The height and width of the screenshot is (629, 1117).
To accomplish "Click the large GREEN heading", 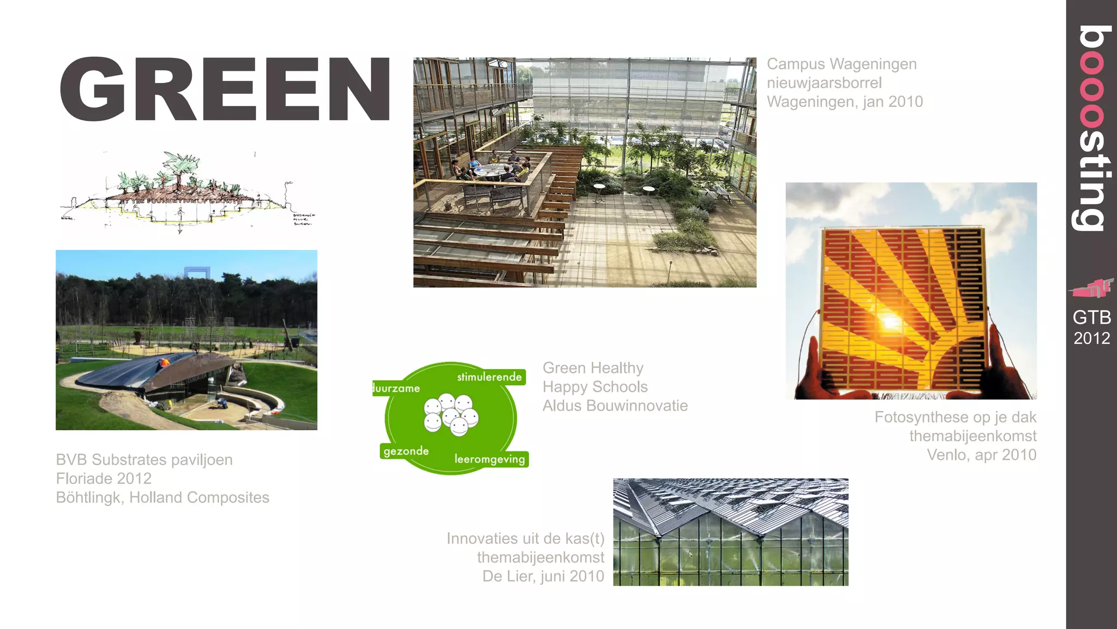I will tap(225, 89).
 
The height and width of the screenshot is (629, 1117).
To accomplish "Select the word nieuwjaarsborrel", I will tap(824, 83).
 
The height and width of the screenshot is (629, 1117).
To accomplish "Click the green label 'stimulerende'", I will tap(489, 377).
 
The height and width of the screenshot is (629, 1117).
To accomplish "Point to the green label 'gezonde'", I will tap(406, 451).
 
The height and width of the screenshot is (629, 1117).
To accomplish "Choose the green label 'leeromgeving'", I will tap(490, 459).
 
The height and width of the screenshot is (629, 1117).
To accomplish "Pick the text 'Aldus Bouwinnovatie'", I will tap(615, 406).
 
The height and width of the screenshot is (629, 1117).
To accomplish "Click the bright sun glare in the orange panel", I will tap(890, 322).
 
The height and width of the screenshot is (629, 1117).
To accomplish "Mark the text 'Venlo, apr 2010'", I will tap(981, 455).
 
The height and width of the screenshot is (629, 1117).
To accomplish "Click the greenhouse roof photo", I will tap(730, 532).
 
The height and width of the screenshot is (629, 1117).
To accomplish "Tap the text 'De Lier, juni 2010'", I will tap(543, 576).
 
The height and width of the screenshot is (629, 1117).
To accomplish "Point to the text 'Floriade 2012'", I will tap(104, 479).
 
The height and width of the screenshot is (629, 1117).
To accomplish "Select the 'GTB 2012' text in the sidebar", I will tap(1091, 328).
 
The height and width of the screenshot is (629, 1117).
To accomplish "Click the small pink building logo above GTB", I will tap(1091, 288).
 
